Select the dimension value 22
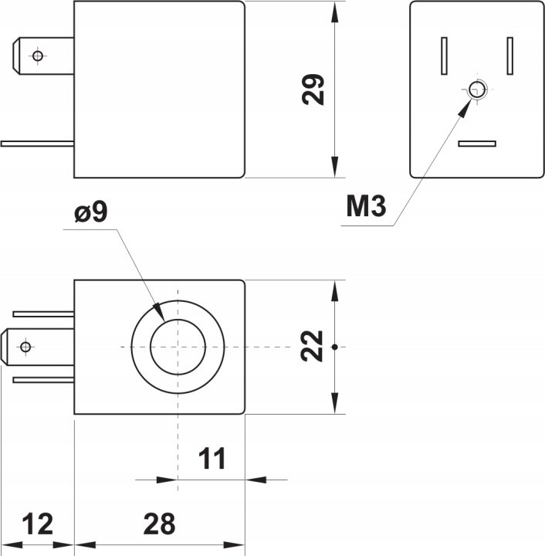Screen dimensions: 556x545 tap(312, 347)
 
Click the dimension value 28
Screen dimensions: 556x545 tap(159, 524)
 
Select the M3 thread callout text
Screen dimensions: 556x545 tap(366, 207)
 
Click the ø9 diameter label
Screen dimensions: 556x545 tap(91, 213)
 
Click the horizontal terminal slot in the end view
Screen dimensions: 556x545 tap(476, 144)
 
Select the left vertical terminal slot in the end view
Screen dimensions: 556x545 tap(444, 56)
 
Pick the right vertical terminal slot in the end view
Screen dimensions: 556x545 tap(510, 56)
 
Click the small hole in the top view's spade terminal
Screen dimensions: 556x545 tap(36, 56)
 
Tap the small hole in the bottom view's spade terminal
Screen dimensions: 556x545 tap(25, 347)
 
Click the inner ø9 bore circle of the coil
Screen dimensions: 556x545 tap(178, 347)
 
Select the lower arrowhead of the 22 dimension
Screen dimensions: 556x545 tap(335, 403)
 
